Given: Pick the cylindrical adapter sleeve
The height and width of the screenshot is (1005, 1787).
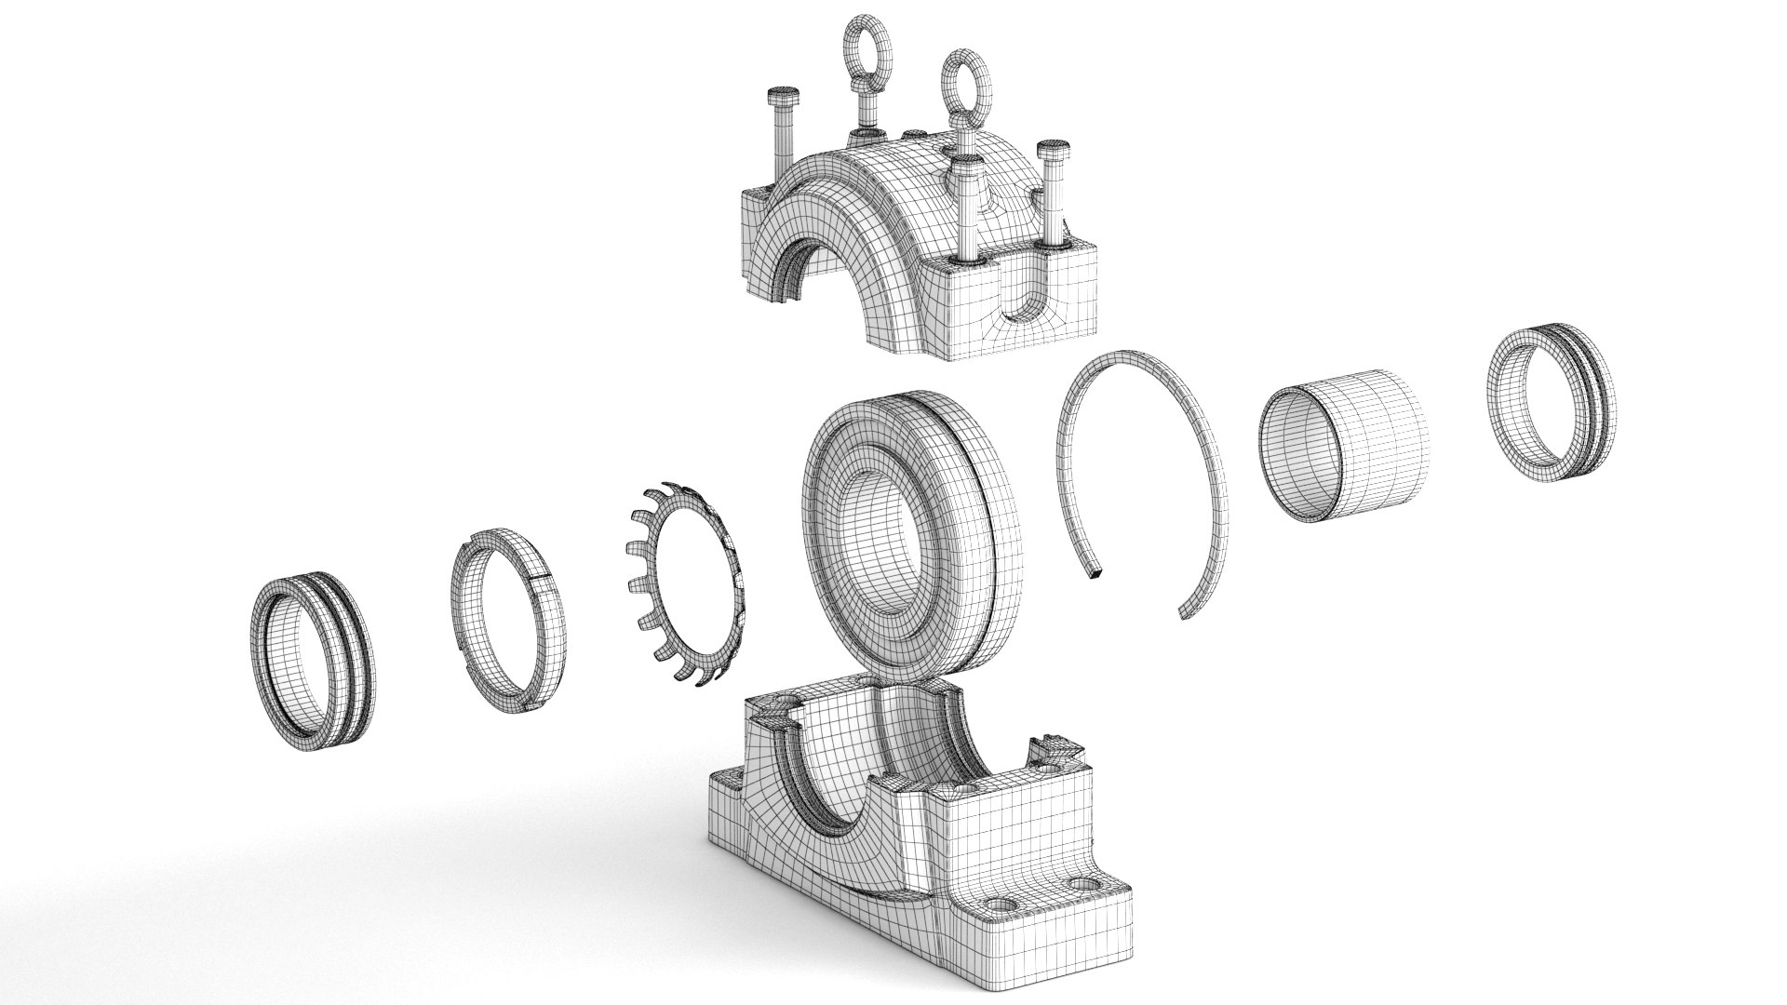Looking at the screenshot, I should click(x=1340, y=442).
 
